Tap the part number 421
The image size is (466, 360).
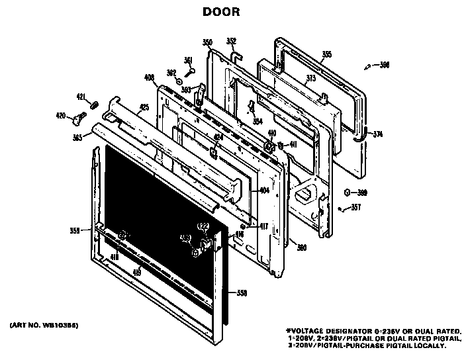tap(81, 97)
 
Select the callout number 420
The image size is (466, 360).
tap(60, 116)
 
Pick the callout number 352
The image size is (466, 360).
tap(231, 40)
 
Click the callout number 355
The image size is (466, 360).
tap(326, 54)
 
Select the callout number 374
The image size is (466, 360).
tap(378, 134)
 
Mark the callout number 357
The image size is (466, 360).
tap(355, 207)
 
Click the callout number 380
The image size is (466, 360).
tap(301, 247)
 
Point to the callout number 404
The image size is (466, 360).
tap(263, 191)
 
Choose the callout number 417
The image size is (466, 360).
tap(263, 226)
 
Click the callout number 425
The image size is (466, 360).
tap(144, 107)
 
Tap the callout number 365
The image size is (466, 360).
tap(78, 138)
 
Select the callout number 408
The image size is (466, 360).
tap(149, 77)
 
